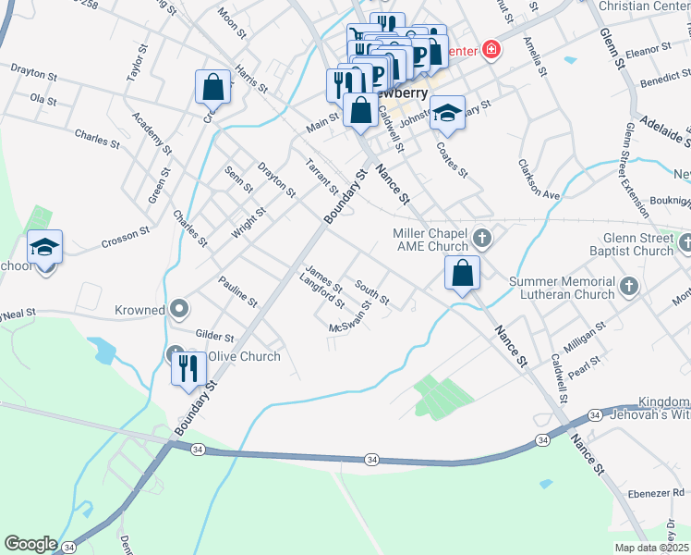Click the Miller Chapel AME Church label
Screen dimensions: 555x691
(x=430, y=240)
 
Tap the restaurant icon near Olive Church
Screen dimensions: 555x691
(x=188, y=367)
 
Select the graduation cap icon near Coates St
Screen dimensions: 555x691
(x=447, y=113)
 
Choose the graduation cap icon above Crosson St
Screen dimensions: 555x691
(x=43, y=247)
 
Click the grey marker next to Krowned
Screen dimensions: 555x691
(x=179, y=309)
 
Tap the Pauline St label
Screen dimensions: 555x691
(x=237, y=290)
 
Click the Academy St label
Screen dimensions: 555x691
(x=152, y=133)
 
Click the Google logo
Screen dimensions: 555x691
(x=30, y=544)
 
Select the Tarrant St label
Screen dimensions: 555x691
(x=322, y=177)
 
